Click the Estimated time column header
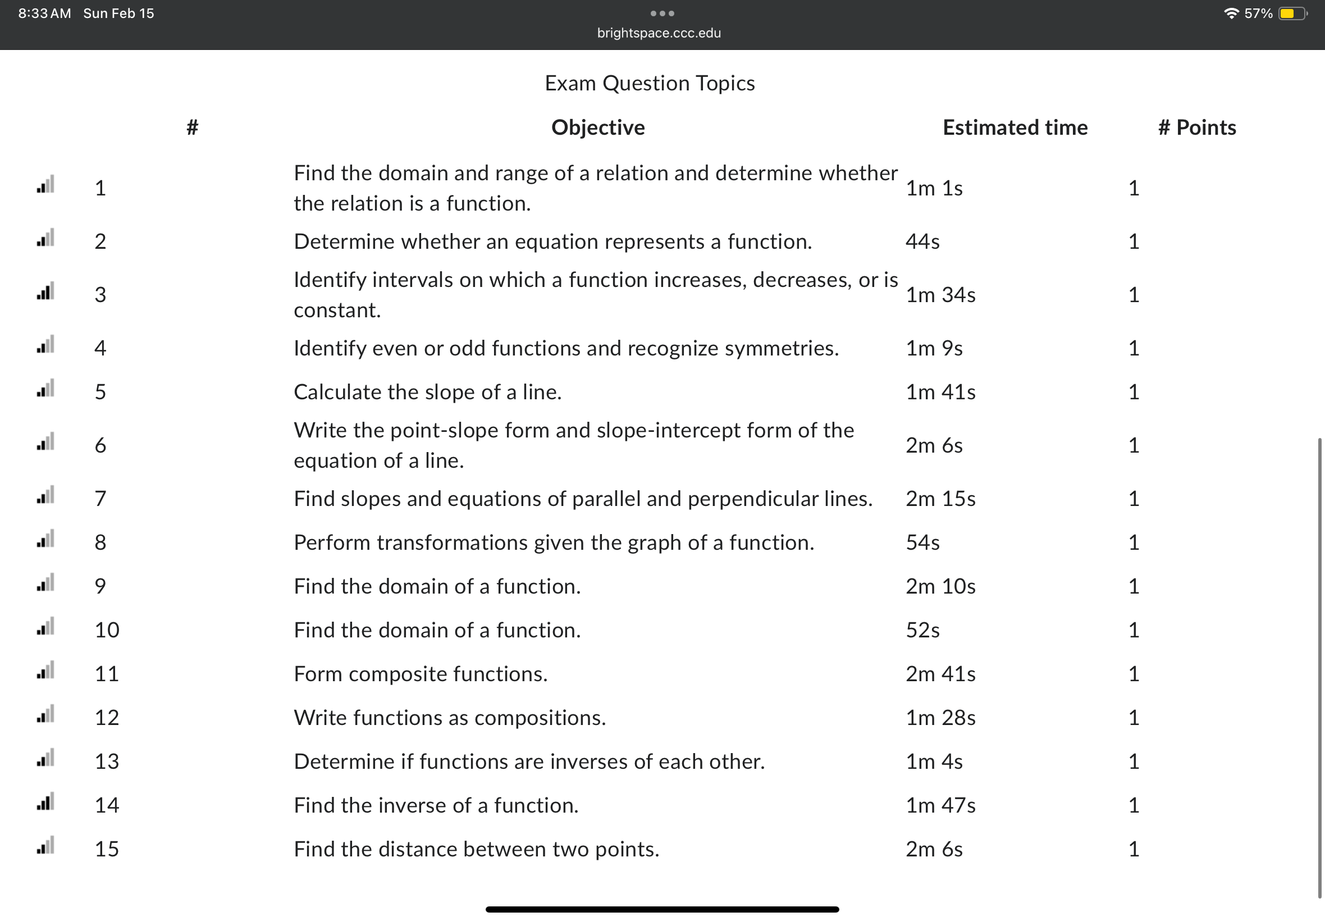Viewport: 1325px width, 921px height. tap(1015, 127)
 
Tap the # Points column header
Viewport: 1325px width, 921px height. tap(1197, 127)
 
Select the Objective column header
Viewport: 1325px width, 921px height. tap(597, 127)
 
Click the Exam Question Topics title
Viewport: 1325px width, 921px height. tap(650, 84)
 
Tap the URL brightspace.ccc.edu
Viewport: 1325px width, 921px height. tap(659, 33)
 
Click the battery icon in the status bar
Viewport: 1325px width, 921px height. tap(1292, 13)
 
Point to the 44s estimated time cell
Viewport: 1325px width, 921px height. tap(922, 241)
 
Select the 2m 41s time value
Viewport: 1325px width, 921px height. tap(940, 673)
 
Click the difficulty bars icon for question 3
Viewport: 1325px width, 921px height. tap(45, 291)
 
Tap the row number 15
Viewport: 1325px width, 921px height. tap(107, 849)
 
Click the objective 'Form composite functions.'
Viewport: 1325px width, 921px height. tap(421, 673)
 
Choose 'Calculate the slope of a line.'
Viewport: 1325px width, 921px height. tap(427, 392)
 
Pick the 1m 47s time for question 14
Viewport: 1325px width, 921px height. tap(940, 805)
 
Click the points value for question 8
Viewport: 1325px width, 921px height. tap(1134, 542)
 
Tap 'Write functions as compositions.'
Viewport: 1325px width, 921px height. tap(450, 717)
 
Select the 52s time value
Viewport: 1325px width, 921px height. tap(922, 630)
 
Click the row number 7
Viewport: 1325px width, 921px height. tap(100, 498)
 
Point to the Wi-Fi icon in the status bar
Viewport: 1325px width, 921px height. tap(1231, 13)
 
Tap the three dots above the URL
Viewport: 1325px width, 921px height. tap(661, 13)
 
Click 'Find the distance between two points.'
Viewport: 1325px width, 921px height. tap(476, 849)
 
